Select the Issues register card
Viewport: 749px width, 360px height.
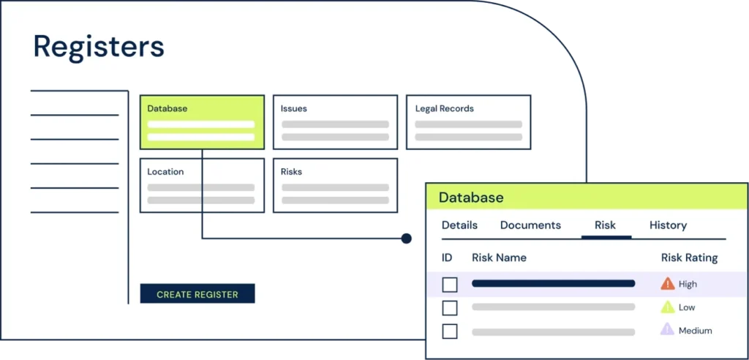(335, 122)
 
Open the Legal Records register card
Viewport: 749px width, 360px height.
(468, 122)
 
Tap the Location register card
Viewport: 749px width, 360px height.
(202, 185)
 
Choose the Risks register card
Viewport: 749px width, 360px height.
(335, 185)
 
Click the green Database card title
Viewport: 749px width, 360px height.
(168, 108)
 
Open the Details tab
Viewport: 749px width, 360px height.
(459, 225)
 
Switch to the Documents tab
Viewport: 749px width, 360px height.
(531, 225)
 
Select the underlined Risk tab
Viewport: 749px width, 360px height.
(605, 225)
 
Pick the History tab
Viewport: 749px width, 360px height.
(669, 225)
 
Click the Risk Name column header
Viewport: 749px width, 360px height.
(499, 258)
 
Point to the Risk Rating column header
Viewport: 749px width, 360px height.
(689, 258)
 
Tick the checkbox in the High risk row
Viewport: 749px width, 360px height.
(450, 285)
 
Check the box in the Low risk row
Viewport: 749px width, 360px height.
(450, 308)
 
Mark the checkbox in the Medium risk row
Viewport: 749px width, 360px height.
(450, 331)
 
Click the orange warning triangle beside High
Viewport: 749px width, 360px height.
(667, 284)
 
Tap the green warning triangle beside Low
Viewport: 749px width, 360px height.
(667, 307)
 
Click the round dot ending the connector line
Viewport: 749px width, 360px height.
(407, 238)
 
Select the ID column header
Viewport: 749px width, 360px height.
(447, 258)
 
